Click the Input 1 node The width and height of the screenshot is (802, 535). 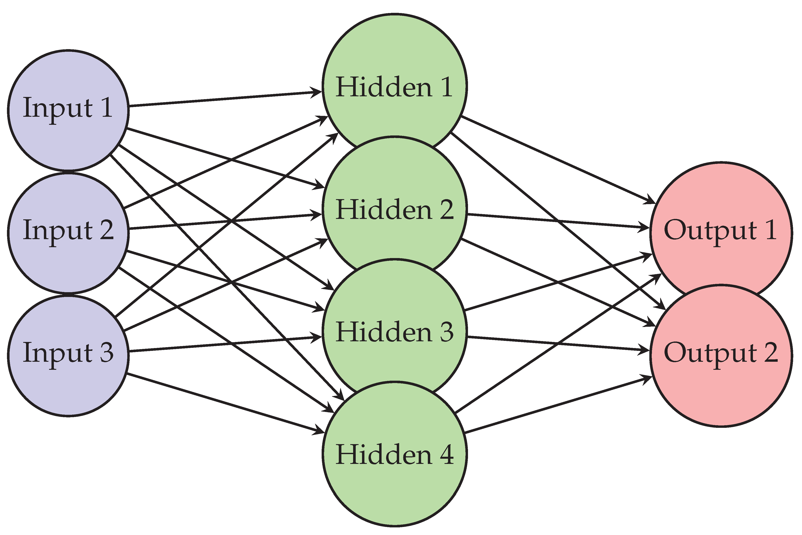(68, 110)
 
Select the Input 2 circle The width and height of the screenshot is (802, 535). (68, 232)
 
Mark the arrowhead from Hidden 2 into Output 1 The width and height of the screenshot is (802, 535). (644, 227)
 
